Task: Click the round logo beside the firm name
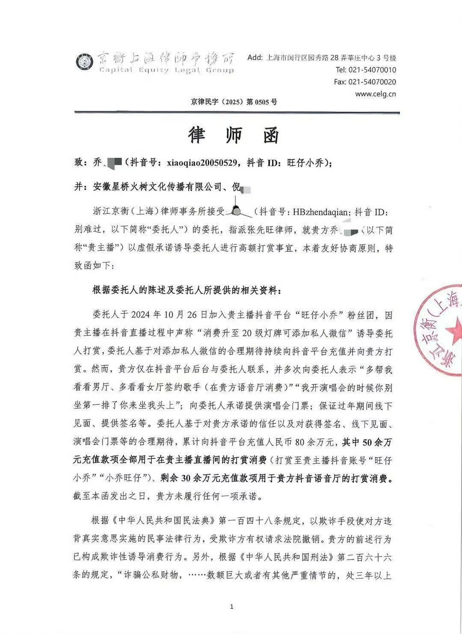click(84, 63)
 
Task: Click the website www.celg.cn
click(375, 94)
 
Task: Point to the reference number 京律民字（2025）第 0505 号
click(234, 102)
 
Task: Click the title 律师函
click(234, 135)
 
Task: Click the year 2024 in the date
click(144, 315)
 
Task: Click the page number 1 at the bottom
click(231, 606)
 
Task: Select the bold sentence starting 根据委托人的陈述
click(187, 290)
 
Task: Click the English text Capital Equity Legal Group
click(166, 70)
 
